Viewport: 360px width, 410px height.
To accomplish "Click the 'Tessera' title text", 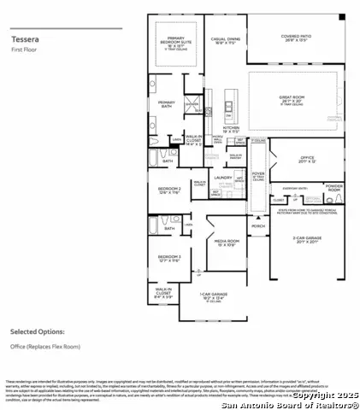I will (22, 38).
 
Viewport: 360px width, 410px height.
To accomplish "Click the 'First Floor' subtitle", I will (22, 50).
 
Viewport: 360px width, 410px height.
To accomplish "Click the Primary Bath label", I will (166, 103).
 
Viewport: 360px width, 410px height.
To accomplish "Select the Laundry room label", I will (224, 178).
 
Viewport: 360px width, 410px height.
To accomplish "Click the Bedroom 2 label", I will (168, 190).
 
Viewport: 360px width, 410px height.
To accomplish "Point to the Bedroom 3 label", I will (168, 258).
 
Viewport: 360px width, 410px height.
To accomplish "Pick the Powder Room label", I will (334, 187).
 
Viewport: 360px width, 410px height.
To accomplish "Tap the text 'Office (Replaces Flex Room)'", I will (46, 346).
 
